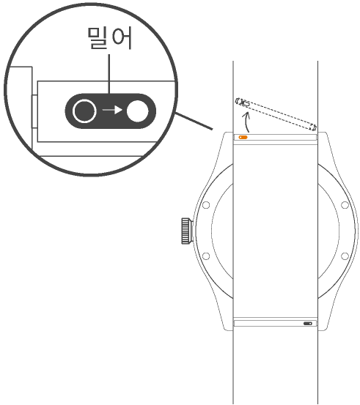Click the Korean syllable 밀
pyautogui.click(x=98, y=38)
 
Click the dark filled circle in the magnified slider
pyautogui.click(x=84, y=111)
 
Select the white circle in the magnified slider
pyautogui.click(x=138, y=111)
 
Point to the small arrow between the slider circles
pyautogui.click(x=112, y=110)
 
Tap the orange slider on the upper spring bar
pyautogui.click(x=243, y=137)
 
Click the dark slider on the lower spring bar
pyautogui.click(x=308, y=324)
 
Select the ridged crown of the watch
pyautogui.click(x=186, y=231)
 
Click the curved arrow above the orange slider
pyautogui.click(x=246, y=122)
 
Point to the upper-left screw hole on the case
pyautogui.click(x=206, y=205)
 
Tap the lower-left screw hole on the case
pyautogui.click(x=206, y=256)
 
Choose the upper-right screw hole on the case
pyautogui.click(x=345, y=205)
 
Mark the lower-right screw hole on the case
pyautogui.click(x=345, y=256)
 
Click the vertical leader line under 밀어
pyautogui.click(x=109, y=74)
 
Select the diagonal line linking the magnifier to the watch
pyautogui.click(x=194, y=121)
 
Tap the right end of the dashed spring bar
pyautogui.click(x=315, y=127)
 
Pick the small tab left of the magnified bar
pyautogui.click(x=34, y=111)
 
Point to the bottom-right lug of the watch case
pyautogui.click(x=323, y=324)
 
